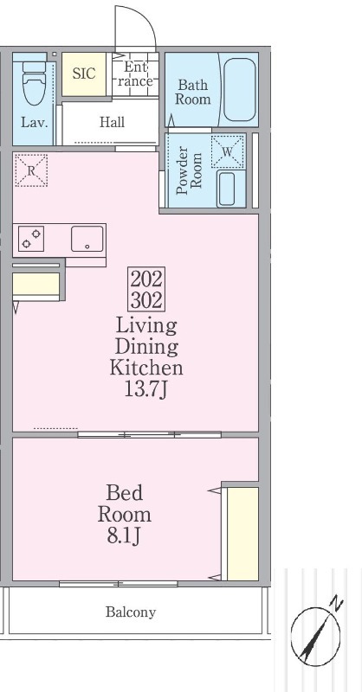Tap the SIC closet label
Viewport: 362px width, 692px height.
(x=83, y=74)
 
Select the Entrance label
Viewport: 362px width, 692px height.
(x=135, y=74)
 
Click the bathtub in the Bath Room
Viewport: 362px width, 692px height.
(x=239, y=90)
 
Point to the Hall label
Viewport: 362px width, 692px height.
(x=112, y=122)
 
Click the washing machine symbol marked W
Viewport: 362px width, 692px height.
(x=227, y=151)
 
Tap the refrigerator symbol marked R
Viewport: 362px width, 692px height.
(x=31, y=170)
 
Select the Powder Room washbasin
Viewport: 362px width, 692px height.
(x=227, y=189)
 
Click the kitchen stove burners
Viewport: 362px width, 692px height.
(x=31, y=239)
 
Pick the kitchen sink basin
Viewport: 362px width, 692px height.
(x=87, y=239)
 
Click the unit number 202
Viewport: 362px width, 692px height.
(x=146, y=279)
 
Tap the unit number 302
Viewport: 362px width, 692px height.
(x=146, y=300)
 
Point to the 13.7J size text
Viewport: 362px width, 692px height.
(x=145, y=390)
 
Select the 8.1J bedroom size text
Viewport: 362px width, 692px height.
(x=124, y=535)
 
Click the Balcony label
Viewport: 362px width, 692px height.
(x=131, y=612)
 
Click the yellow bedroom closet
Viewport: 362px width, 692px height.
(x=242, y=534)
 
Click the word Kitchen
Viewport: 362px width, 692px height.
(x=146, y=368)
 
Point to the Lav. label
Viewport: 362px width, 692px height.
(x=34, y=122)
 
